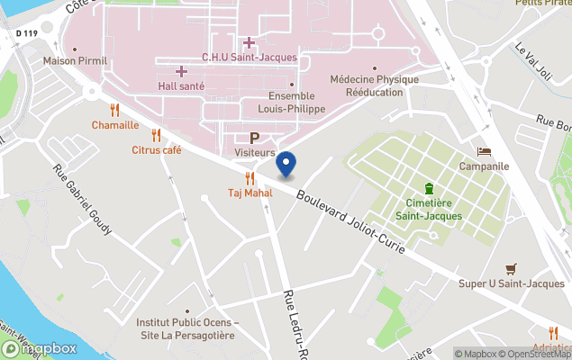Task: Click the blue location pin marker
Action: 286,164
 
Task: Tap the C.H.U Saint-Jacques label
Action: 249,58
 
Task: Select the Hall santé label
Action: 181,85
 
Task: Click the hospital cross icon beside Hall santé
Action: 181,70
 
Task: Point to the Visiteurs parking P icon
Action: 254,138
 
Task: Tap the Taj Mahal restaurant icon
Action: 250,178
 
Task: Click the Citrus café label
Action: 157,150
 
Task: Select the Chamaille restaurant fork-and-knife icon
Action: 114,110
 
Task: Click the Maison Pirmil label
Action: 76,61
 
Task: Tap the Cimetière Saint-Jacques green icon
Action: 429,188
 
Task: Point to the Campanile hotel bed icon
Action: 485,151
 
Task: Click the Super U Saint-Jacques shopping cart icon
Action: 512,268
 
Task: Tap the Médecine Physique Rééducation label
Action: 374,85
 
